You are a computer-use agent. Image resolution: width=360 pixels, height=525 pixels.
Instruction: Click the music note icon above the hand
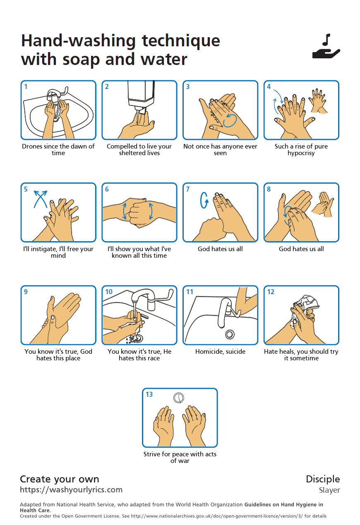tap(326, 39)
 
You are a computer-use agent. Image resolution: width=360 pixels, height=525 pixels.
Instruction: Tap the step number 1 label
tap(26, 87)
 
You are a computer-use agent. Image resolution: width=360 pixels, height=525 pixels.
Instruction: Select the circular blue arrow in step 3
tap(230, 120)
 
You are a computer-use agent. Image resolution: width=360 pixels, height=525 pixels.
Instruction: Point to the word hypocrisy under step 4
tap(301, 153)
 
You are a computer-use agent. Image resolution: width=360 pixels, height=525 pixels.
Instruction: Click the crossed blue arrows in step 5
tap(41, 199)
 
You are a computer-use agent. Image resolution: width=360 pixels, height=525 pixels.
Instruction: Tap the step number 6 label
tap(107, 189)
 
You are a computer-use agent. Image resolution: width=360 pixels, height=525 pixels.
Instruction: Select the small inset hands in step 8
tap(323, 204)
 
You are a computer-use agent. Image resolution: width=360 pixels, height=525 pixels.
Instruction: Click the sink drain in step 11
tap(230, 334)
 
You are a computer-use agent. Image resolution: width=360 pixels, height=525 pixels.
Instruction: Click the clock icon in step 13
tap(179, 398)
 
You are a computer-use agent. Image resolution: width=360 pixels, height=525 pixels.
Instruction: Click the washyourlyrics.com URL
tap(71, 489)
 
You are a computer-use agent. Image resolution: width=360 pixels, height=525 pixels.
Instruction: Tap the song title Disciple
tap(323, 479)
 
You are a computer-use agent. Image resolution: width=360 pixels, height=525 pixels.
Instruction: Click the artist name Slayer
tap(329, 490)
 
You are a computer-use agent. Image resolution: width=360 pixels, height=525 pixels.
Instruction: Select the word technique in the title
tap(181, 41)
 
